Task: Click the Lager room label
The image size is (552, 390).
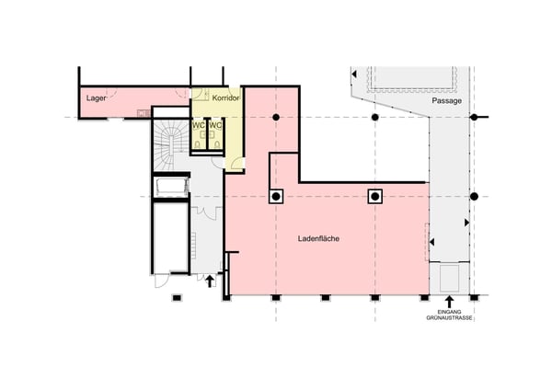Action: (x=96, y=97)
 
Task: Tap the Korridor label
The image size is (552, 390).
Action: (x=226, y=98)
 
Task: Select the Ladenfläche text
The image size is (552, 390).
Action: (x=318, y=238)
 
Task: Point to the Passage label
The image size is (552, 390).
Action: (x=447, y=101)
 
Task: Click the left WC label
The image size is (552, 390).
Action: (x=198, y=125)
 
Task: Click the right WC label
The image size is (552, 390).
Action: (x=215, y=125)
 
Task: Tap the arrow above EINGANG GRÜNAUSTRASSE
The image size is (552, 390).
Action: (x=449, y=302)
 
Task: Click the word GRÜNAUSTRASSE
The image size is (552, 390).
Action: (x=449, y=318)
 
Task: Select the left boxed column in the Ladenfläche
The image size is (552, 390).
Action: (x=276, y=197)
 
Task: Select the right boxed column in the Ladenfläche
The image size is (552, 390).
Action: (x=375, y=197)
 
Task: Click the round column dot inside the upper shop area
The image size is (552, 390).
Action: (x=276, y=117)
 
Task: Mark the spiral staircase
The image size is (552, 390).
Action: (x=171, y=144)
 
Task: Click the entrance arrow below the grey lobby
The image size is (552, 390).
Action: (x=210, y=281)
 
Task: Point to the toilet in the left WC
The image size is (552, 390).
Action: (x=198, y=144)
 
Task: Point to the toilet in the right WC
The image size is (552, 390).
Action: (x=217, y=144)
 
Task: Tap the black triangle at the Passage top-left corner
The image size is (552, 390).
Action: (x=354, y=75)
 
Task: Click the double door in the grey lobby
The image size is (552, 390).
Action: (x=206, y=213)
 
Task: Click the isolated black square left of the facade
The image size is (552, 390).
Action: (x=177, y=298)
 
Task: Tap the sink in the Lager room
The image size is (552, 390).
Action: (x=144, y=113)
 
